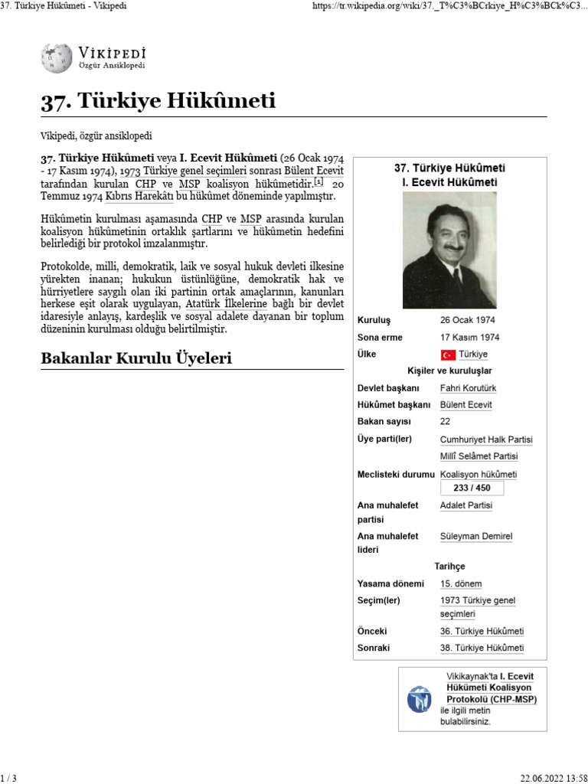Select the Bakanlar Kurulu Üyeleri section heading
[x=136, y=358]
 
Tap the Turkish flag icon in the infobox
[x=448, y=354]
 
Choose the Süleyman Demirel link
[x=475, y=536]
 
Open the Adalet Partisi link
[x=466, y=505]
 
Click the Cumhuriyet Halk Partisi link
[x=486, y=439]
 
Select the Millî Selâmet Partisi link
[x=479, y=456]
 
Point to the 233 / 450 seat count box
[x=472, y=488]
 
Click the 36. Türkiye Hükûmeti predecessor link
[x=482, y=631]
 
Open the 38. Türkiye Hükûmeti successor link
[x=482, y=648]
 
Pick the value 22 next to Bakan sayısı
[x=445, y=421]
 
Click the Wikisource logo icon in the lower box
[x=420, y=699]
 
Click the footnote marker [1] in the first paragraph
[x=319, y=182]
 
